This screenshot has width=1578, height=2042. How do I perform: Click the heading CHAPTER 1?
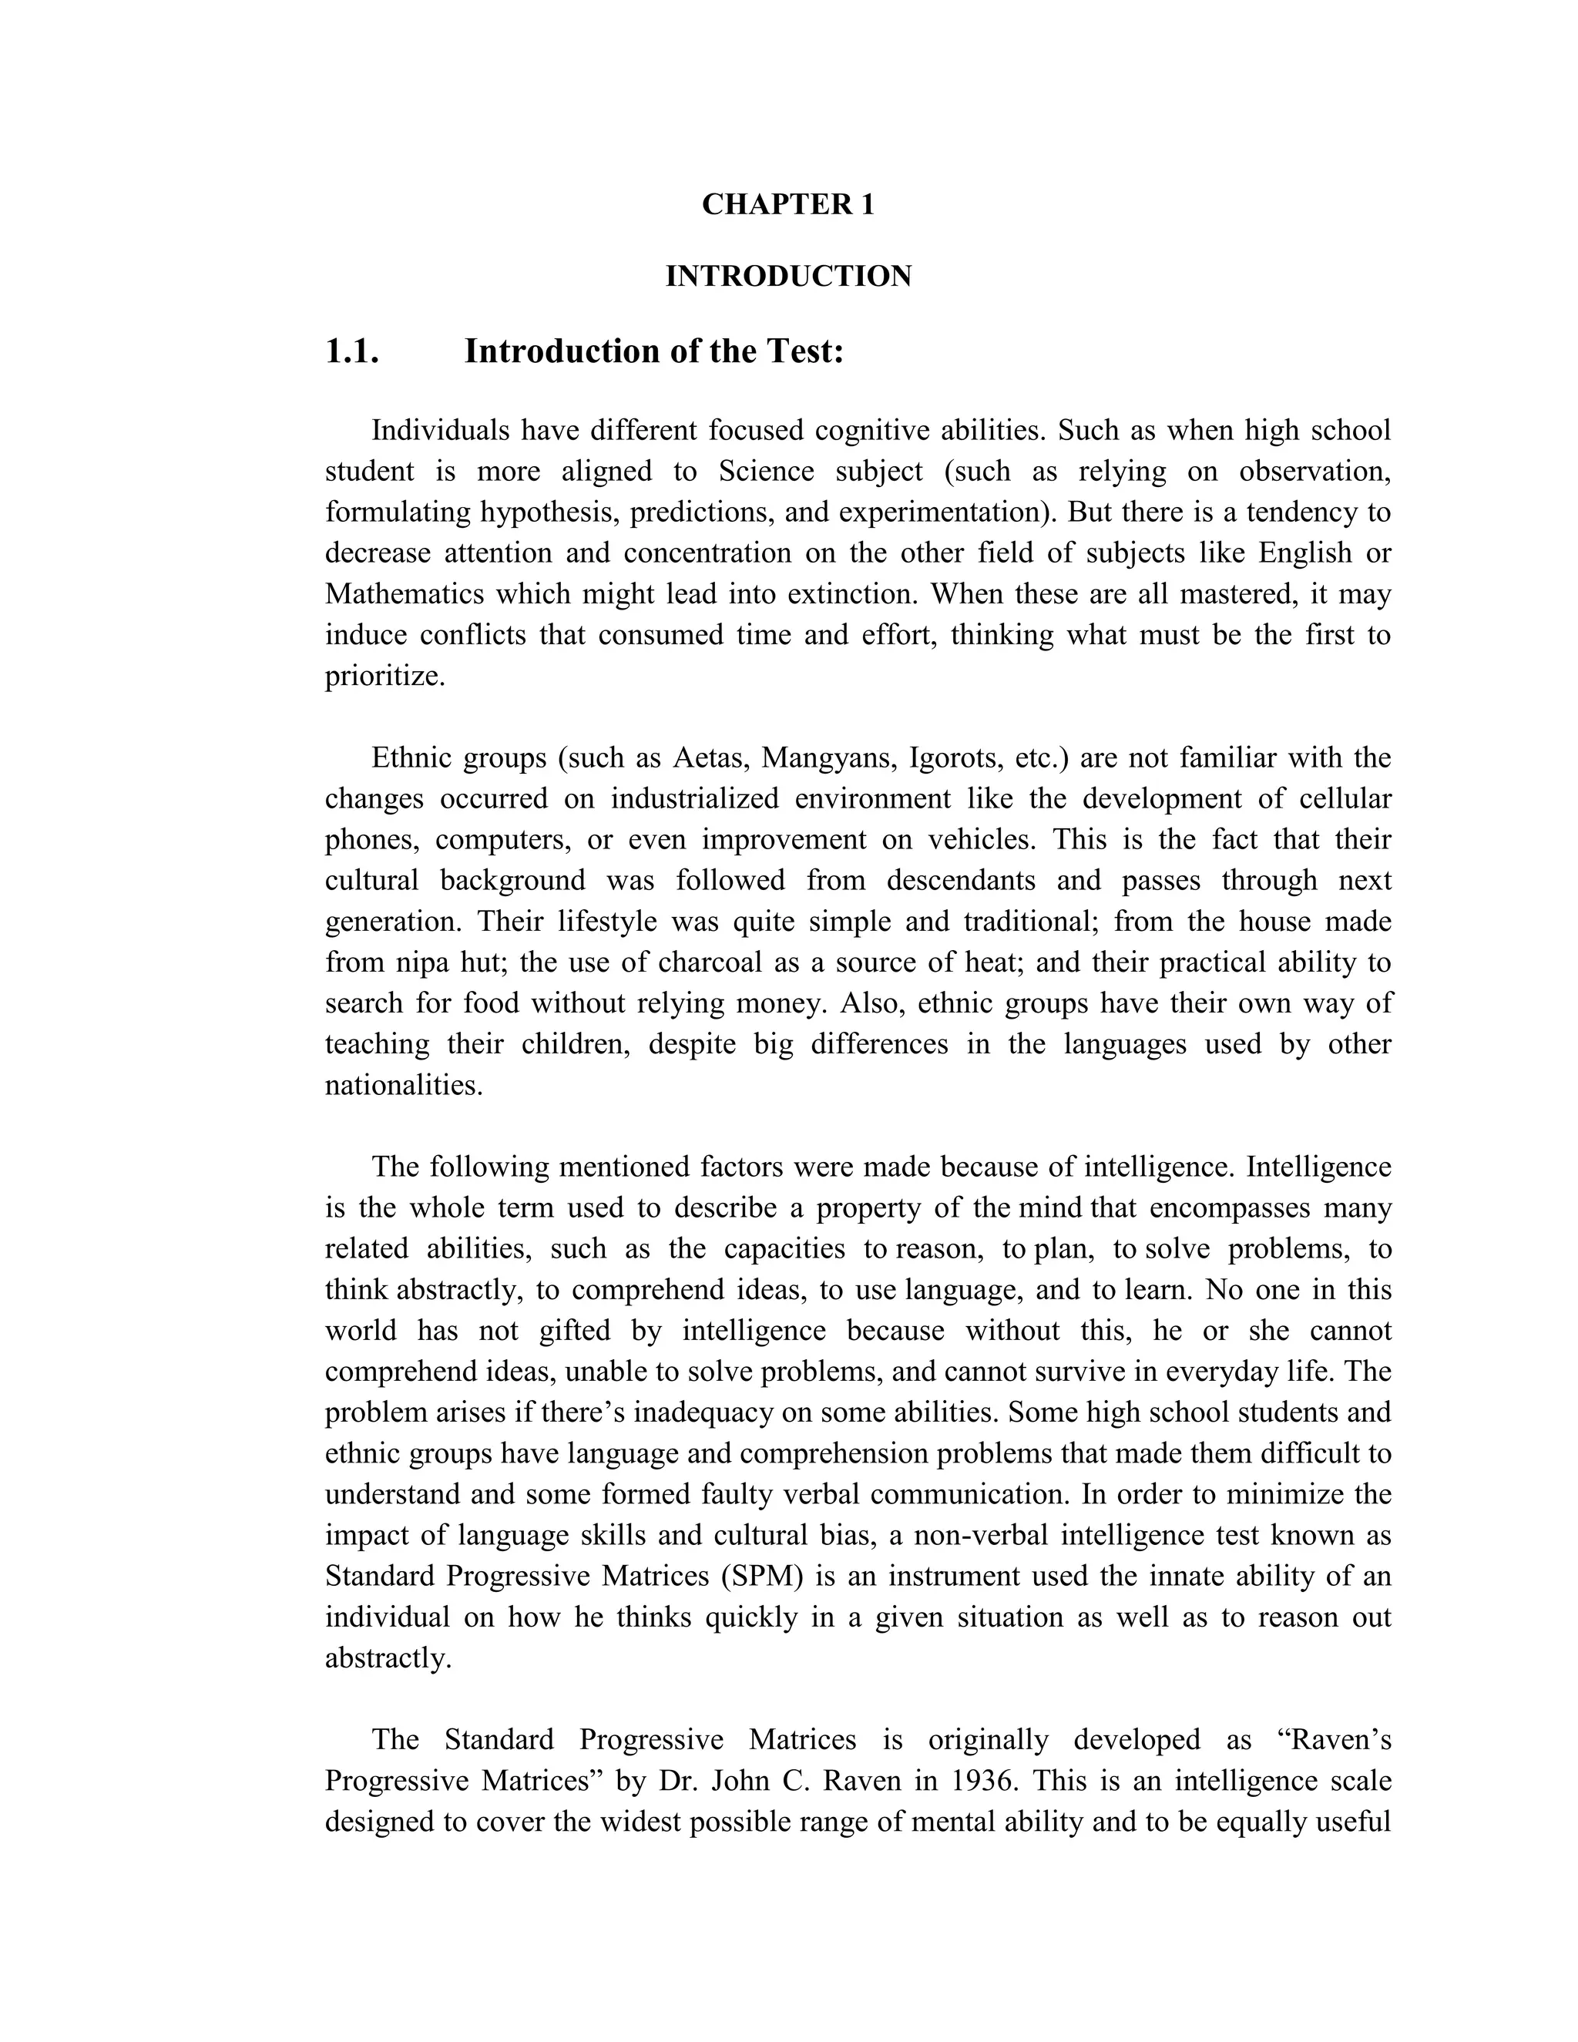[x=788, y=205]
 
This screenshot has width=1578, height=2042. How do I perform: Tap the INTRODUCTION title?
[x=788, y=277]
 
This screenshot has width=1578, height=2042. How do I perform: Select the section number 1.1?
[x=351, y=351]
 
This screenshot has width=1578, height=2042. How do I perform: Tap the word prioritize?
[x=384, y=676]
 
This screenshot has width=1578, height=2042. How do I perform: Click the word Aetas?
[x=710, y=757]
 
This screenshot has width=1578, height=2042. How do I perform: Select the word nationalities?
[x=403, y=1085]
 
